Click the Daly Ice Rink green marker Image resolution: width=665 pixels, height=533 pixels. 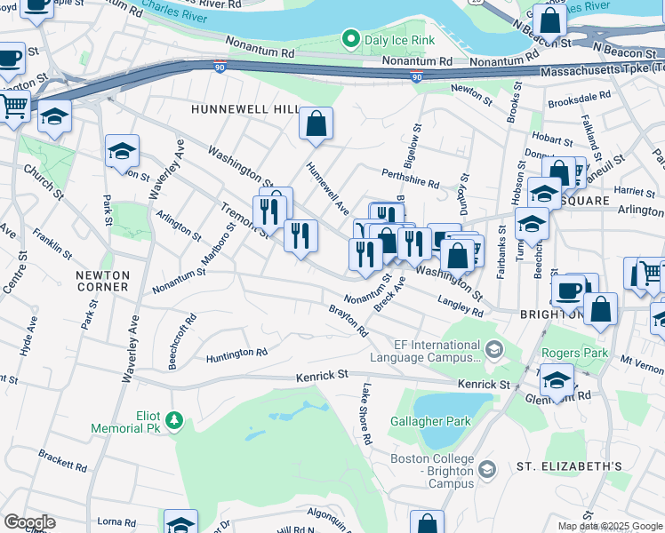(x=350, y=39)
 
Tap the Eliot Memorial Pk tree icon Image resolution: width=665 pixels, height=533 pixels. (x=176, y=419)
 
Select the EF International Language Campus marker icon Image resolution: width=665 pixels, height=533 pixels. (x=495, y=351)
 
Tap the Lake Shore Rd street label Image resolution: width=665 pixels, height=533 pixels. (x=365, y=414)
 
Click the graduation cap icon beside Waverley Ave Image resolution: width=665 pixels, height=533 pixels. (x=123, y=151)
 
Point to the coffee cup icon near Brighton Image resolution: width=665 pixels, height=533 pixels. (x=569, y=290)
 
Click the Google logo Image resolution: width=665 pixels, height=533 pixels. (x=29, y=522)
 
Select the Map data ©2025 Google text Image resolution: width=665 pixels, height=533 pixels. (x=609, y=526)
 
